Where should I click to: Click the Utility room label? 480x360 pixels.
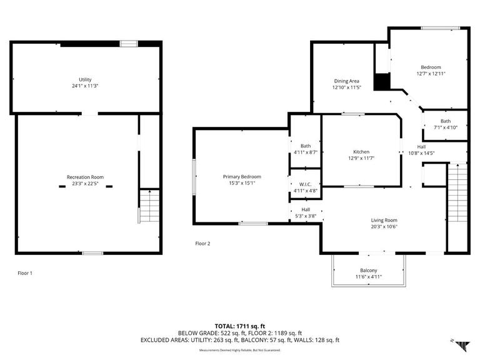pyautogui.click(x=85, y=79)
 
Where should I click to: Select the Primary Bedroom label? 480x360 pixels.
pyautogui.click(x=242, y=177)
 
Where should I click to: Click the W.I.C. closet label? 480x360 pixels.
pyautogui.click(x=306, y=184)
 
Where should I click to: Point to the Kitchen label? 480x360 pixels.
pyautogui.click(x=361, y=152)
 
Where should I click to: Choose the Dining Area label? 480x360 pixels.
pyautogui.click(x=346, y=81)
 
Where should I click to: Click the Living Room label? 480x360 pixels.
pyautogui.click(x=384, y=220)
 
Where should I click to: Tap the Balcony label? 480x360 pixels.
pyautogui.click(x=368, y=270)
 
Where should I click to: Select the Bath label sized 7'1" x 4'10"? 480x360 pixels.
pyautogui.click(x=445, y=121)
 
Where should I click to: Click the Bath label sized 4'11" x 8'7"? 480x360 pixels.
pyautogui.click(x=306, y=145)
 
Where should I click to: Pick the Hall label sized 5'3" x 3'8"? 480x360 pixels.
pyautogui.click(x=306, y=210)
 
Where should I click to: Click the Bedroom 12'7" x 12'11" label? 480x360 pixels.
pyautogui.click(x=431, y=67)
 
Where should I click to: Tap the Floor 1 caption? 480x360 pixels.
pyautogui.click(x=25, y=273)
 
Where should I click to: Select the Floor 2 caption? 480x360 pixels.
pyautogui.click(x=202, y=244)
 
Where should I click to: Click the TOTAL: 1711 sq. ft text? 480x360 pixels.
pyautogui.click(x=241, y=326)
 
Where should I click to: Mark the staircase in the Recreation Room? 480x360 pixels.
pyautogui.click(x=149, y=207)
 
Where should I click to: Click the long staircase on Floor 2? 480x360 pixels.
pyautogui.click(x=457, y=206)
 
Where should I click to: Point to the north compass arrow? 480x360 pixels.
pyautogui.click(x=461, y=344)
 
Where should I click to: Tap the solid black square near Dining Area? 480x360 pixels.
pyautogui.click(x=381, y=82)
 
